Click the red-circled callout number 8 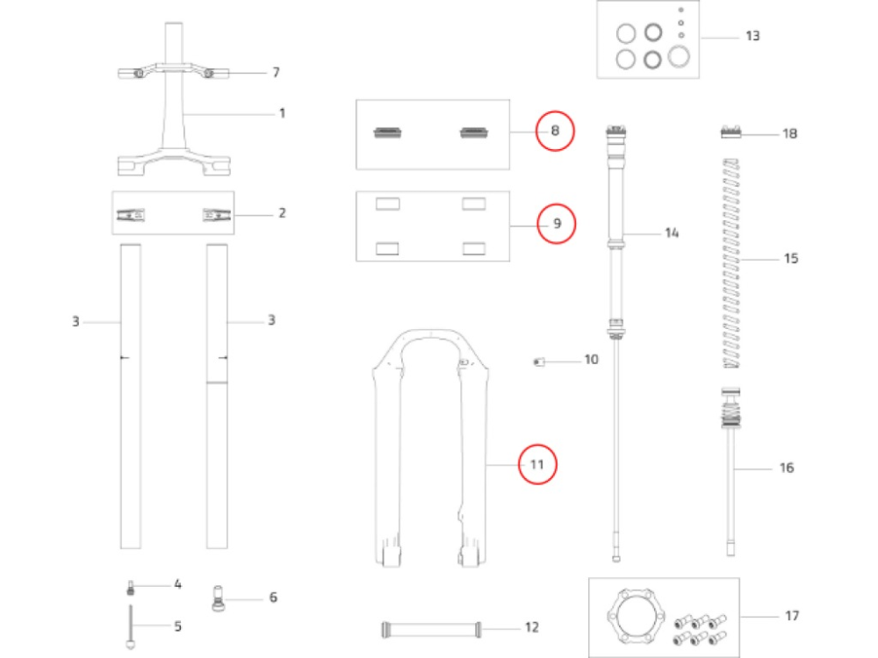555,132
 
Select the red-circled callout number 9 556,224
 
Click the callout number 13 752,36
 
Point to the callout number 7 276,71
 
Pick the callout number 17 791,616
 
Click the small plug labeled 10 541,361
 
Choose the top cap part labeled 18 734,132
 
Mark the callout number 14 672,233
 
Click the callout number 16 786,468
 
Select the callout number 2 282,213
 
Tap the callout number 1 282,113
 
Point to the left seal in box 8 388,132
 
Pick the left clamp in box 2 133,214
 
